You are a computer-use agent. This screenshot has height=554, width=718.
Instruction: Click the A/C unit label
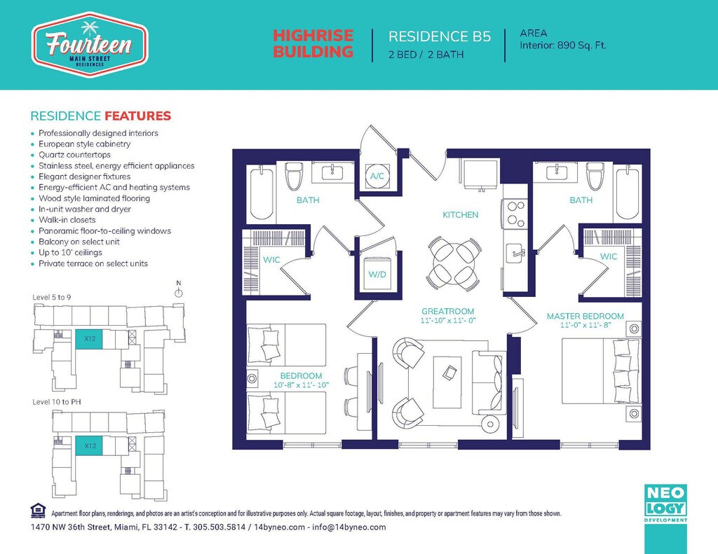point(377,176)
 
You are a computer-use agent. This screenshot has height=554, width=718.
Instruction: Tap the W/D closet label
point(377,275)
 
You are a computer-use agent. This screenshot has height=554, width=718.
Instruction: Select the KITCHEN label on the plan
point(460,214)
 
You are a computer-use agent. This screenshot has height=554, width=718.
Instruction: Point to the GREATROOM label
point(448,311)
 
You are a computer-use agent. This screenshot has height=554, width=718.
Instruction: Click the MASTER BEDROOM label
point(585,316)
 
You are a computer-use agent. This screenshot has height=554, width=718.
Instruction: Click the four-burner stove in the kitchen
point(515,214)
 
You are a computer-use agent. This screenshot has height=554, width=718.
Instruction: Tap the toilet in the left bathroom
point(294,176)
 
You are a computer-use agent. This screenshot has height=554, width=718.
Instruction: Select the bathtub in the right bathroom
point(628,193)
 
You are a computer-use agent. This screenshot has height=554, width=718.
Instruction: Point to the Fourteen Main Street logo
point(89,45)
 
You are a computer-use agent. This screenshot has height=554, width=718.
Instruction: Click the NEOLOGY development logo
point(666,503)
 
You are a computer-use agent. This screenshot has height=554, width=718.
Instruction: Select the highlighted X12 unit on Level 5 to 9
point(89,339)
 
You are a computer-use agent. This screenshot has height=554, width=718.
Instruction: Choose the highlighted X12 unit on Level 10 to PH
point(89,445)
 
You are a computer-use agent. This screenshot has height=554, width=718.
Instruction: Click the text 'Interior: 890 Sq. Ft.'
point(563,46)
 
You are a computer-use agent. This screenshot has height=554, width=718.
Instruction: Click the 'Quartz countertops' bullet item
point(74,155)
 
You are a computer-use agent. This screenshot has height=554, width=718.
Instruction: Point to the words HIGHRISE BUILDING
point(313,43)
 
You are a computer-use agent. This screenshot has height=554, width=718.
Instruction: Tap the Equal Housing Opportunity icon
point(38,511)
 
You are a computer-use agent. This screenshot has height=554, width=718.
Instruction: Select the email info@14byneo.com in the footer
point(349,527)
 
